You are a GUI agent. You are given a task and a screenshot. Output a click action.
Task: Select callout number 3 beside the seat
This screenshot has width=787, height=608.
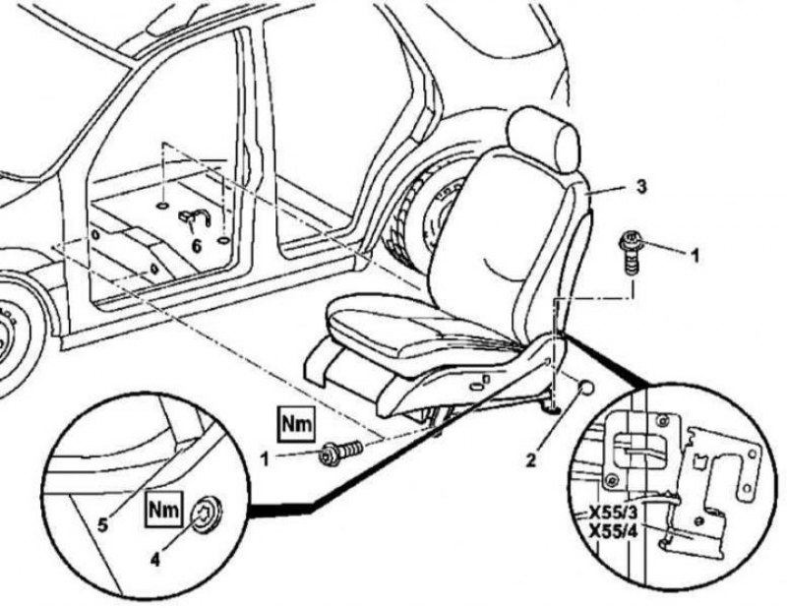641,185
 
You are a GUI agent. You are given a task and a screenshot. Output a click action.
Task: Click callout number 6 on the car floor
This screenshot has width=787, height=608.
196,246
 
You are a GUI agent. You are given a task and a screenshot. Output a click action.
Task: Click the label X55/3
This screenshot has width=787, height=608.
611,514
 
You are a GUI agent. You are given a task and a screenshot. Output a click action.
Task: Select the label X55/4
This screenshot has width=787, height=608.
611,532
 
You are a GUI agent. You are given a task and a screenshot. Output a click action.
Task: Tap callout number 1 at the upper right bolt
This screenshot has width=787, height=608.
694,256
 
